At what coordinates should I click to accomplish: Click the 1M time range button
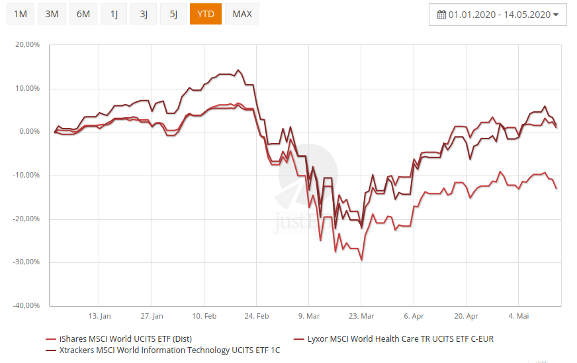click(20, 14)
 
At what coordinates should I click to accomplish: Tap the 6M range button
click(83, 14)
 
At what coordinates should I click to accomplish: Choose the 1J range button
click(114, 14)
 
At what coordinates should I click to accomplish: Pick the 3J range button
click(144, 14)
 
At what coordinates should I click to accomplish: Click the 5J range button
click(173, 14)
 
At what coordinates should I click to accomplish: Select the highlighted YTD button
click(205, 14)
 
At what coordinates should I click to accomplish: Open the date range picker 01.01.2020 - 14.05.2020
click(498, 15)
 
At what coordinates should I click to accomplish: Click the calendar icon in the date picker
click(441, 15)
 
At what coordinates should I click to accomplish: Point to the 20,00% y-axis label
click(27, 45)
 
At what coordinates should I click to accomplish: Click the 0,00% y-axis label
click(29, 132)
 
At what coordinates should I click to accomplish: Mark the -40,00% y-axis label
click(26, 305)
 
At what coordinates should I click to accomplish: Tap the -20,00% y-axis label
click(26, 219)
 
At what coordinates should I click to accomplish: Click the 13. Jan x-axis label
click(99, 316)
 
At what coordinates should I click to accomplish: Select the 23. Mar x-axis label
click(361, 316)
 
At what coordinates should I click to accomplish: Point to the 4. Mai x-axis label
click(518, 316)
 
